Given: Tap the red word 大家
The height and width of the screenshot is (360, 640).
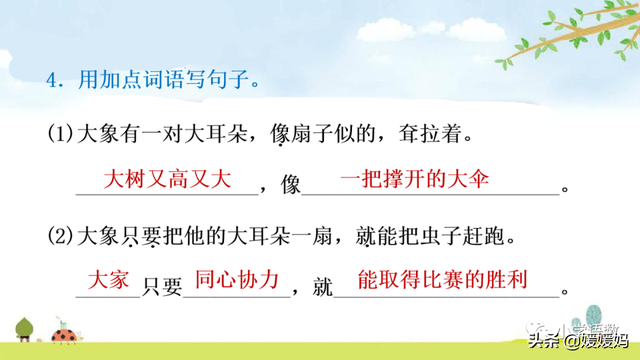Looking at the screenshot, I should pyautogui.click(x=109, y=280).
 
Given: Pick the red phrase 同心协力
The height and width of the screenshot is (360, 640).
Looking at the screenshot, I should pyautogui.click(x=235, y=280).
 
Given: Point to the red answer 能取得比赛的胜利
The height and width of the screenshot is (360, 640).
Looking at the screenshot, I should pyautogui.click(x=441, y=280).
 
